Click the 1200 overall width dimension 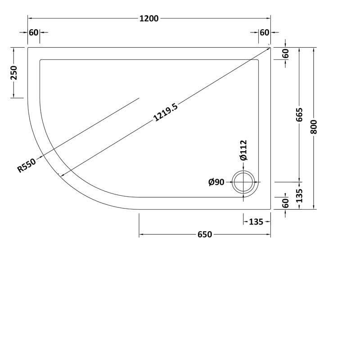[149, 18]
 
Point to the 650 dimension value [204, 234]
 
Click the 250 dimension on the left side [14, 72]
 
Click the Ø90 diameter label [216, 182]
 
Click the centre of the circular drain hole [244, 182]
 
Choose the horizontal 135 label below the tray [256, 221]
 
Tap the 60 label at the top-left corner [33, 32]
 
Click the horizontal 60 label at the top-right [265, 32]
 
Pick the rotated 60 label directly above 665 [286, 53]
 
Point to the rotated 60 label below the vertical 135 [286, 203]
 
